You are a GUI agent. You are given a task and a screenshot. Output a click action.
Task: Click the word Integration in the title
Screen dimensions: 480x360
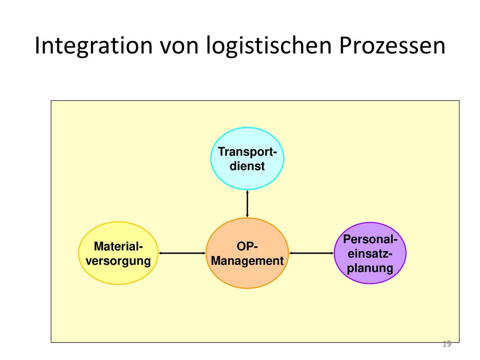94,46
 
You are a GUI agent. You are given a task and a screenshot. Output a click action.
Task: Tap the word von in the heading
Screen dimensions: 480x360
180,46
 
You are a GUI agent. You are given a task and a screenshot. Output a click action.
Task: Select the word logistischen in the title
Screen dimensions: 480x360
269,46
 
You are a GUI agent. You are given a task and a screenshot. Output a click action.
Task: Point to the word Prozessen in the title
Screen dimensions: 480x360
392,45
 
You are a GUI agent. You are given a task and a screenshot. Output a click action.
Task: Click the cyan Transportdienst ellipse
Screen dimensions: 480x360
247,158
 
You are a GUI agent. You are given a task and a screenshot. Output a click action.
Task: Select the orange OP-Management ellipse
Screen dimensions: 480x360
247,253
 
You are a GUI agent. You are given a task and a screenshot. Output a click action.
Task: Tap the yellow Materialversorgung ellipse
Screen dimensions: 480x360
118,253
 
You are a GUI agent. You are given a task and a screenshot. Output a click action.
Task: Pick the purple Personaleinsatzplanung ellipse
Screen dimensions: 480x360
370,253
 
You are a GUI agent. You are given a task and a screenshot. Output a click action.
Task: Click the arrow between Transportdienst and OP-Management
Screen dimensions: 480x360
247,204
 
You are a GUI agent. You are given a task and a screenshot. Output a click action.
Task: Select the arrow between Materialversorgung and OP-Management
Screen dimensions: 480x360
182,253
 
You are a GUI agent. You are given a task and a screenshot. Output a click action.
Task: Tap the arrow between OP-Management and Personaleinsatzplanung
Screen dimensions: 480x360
311,253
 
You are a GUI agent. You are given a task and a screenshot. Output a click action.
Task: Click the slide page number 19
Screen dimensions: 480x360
447,344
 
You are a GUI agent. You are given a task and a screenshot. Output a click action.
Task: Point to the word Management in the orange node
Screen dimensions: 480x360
247,261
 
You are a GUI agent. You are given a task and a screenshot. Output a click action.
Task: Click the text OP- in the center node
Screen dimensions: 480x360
247,246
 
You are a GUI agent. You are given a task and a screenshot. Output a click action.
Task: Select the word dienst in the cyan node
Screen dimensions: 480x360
247,166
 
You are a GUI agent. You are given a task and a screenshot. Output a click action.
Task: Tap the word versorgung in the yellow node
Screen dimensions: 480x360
118,261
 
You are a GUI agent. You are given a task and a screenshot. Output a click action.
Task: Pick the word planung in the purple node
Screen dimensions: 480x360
370,268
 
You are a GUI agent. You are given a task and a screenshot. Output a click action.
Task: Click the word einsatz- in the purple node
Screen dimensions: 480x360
370,254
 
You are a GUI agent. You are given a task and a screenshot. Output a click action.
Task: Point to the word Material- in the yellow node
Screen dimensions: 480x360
119,246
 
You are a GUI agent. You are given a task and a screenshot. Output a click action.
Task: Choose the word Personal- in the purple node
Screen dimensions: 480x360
370,239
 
